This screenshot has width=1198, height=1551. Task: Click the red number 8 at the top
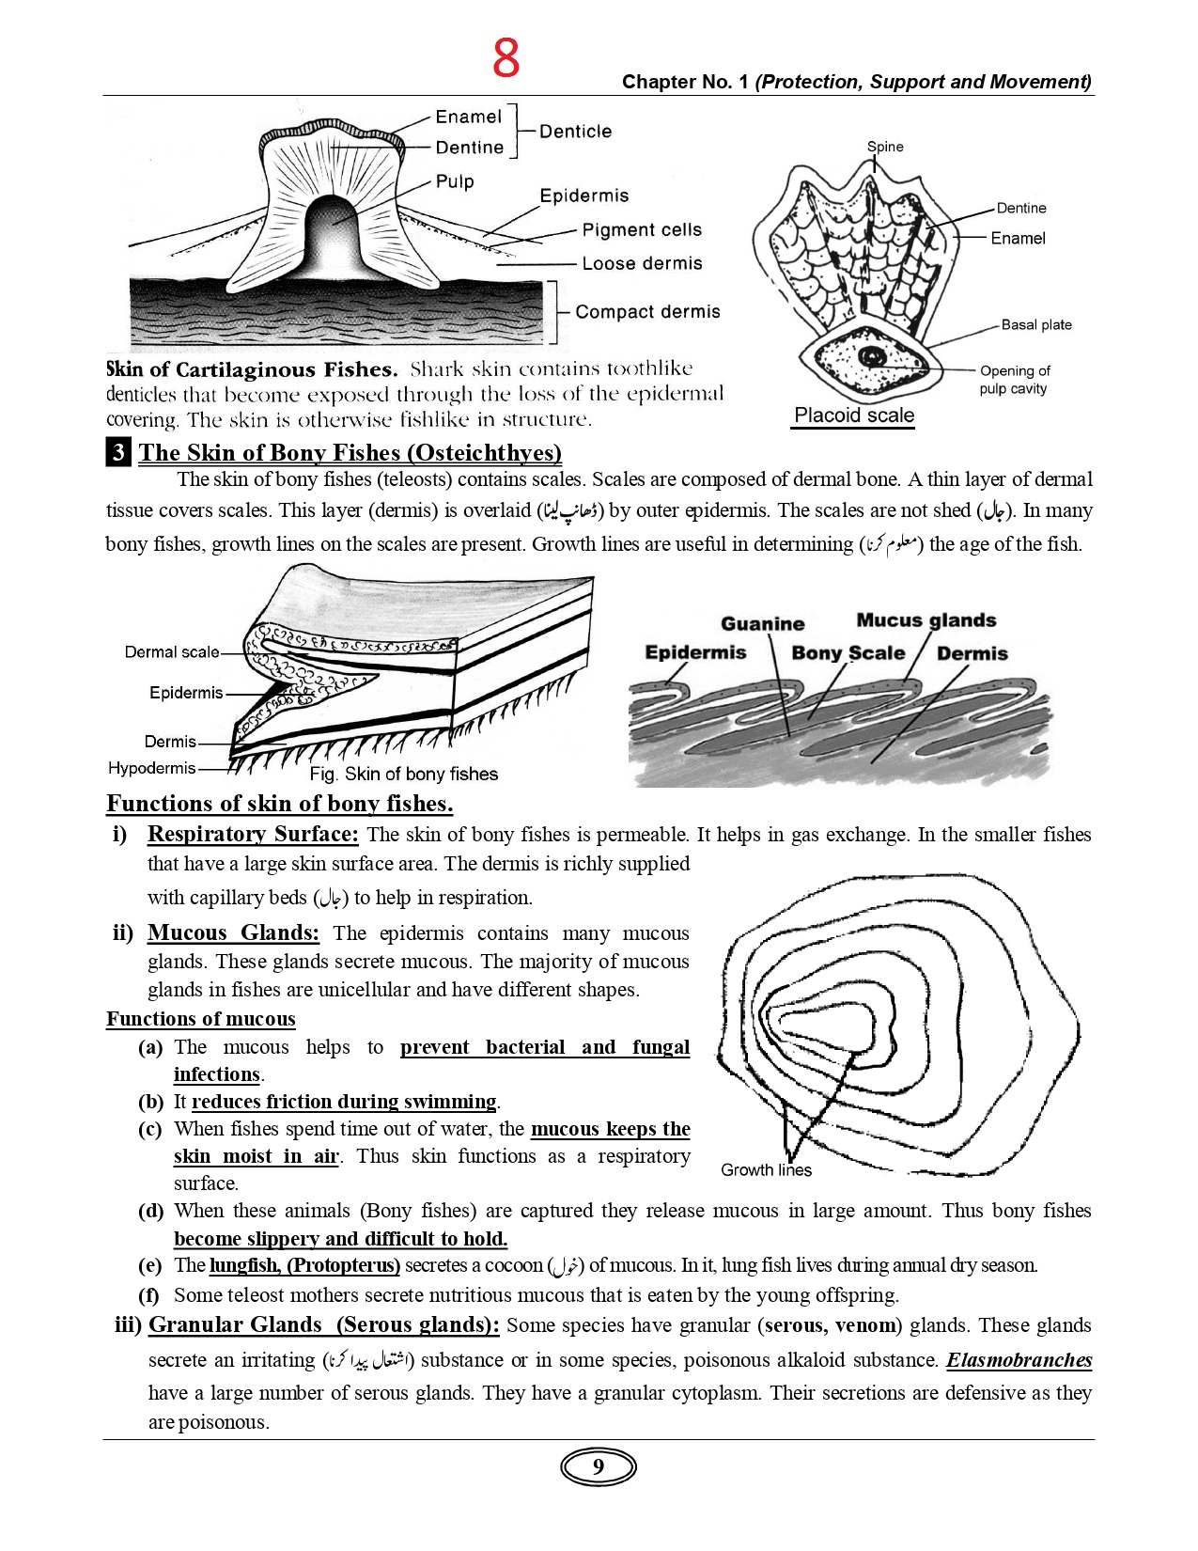[506, 58]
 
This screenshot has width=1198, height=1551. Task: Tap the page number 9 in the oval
[599, 1467]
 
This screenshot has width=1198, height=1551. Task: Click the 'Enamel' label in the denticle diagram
[468, 117]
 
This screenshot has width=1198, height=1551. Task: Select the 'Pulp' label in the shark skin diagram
[455, 180]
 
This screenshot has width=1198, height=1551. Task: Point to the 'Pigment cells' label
[642, 230]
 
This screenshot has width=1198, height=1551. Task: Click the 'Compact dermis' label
[647, 312]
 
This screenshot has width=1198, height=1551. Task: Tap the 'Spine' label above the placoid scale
[885, 147]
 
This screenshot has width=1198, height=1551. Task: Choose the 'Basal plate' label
[1036, 325]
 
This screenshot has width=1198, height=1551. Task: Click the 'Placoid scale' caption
[854, 415]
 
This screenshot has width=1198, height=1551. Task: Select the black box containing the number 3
[118, 453]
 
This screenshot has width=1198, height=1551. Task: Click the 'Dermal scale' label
[172, 652]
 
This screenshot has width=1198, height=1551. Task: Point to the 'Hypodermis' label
[151, 768]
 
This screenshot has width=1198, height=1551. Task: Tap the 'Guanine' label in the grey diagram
[763, 624]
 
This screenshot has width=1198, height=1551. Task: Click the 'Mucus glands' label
[926, 620]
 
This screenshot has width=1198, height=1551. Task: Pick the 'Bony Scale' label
[848, 653]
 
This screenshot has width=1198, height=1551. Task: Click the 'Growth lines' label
[766, 1170]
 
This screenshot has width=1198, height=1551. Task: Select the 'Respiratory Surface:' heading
[253, 834]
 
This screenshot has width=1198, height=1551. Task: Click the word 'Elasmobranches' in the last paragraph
[1019, 1360]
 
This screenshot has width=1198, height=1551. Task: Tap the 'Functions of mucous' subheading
[200, 1019]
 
